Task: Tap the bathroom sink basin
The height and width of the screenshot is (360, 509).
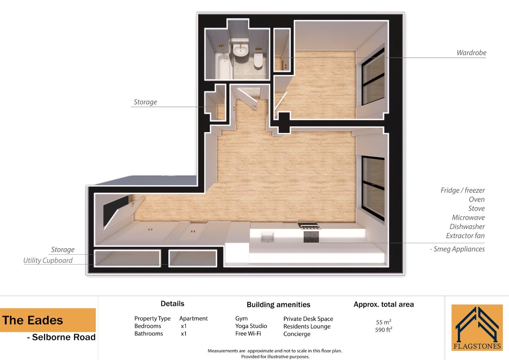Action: click(240, 50)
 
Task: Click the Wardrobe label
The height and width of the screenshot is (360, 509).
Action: click(471, 53)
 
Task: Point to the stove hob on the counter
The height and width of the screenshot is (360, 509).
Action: click(311, 236)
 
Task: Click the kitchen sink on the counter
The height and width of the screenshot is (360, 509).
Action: click(267, 237)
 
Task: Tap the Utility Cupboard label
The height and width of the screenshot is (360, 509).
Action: click(48, 260)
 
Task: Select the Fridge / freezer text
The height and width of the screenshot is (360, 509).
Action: click(462, 190)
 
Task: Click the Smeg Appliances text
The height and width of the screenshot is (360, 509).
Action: click(459, 249)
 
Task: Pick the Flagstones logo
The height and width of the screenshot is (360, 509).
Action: click(477, 327)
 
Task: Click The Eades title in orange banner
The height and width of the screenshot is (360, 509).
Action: click(33, 320)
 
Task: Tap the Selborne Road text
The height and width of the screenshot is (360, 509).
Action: click(63, 337)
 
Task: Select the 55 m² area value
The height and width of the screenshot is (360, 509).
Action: click(383, 322)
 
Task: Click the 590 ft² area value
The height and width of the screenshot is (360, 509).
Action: click(383, 330)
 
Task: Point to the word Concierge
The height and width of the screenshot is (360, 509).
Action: click(297, 334)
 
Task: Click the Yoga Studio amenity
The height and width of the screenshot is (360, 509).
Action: click(251, 326)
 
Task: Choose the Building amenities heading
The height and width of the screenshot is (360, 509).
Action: click(278, 305)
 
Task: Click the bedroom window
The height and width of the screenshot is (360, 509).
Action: click(373, 77)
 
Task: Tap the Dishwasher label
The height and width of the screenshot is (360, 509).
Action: click(467, 227)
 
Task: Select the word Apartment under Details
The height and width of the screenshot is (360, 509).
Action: click(194, 319)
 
